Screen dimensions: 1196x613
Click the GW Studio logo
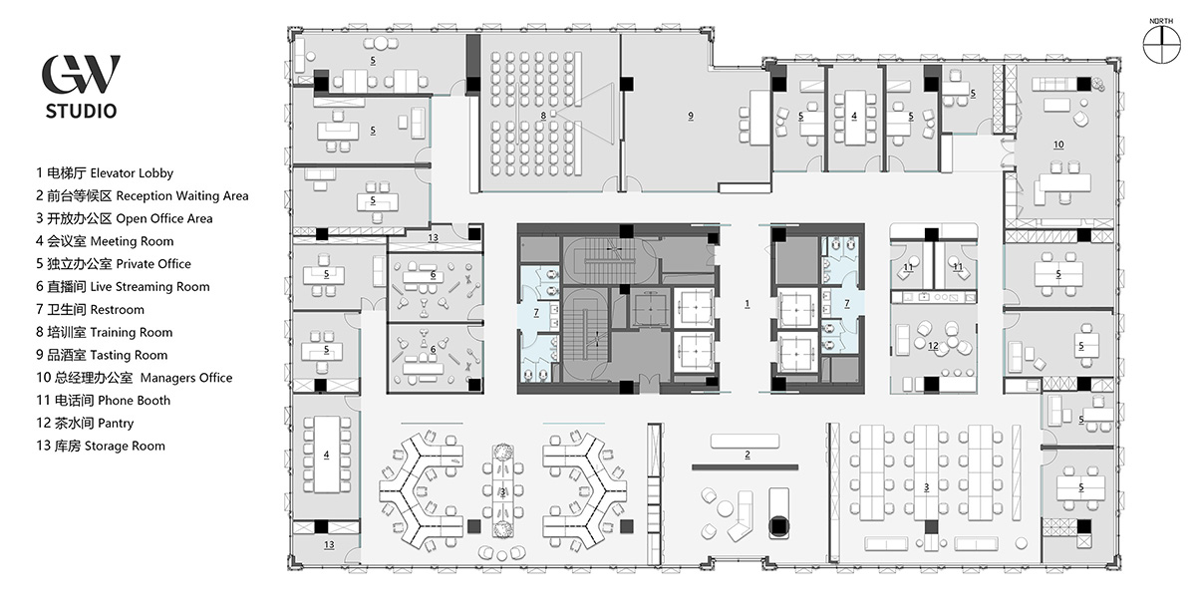coord(81,87)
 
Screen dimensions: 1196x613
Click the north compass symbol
coord(1161,44)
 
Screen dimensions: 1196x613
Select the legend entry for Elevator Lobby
coord(105,173)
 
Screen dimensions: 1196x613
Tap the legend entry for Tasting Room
coord(102,355)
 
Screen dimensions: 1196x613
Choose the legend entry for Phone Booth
coord(103,401)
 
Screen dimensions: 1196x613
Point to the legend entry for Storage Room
coord(101,446)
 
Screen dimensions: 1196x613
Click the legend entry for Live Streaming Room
coord(123,287)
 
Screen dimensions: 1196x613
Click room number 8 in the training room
coord(543,116)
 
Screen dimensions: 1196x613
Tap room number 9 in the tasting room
coord(691,116)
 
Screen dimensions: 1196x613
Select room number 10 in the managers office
coord(1058,145)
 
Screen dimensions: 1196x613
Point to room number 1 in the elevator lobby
coord(747,304)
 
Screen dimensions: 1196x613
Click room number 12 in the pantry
coord(933,346)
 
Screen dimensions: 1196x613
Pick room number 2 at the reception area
coord(747,455)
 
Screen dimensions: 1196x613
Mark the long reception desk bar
coord(745,467)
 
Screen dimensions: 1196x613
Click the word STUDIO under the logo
coord(81,111)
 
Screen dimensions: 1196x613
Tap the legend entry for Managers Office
coord(134,378)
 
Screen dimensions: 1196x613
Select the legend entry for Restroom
coord(90,310)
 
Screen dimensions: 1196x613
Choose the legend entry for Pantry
coord(85,423)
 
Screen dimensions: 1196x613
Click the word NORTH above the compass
coord(1161,21)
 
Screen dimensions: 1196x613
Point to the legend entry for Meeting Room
coord(105,241)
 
